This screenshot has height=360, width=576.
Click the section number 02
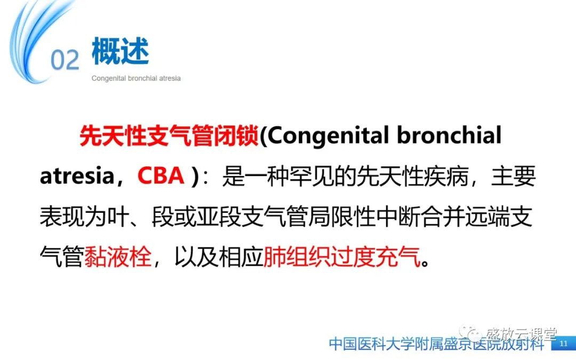[x=65, y=60]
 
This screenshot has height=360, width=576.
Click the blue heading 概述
[x=120, y=52]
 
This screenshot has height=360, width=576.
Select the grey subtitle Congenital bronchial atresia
[x=136, y=78]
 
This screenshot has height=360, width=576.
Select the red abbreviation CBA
[x=161, y=177]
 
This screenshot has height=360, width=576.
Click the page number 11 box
[x=564, y=344]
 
